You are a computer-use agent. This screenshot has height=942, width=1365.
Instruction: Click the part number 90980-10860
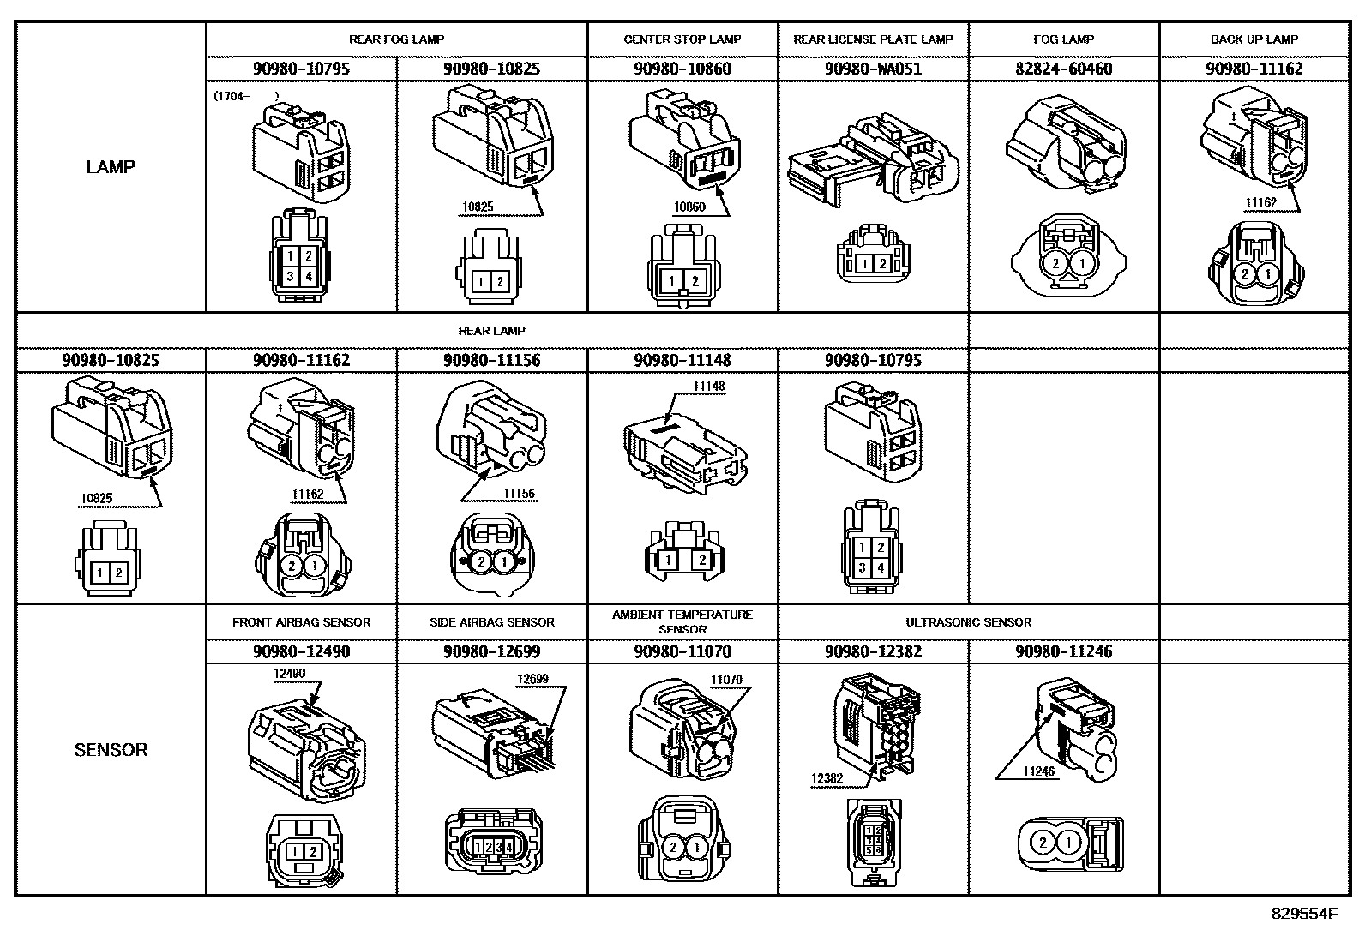pyautogui.click(x=682, y=69)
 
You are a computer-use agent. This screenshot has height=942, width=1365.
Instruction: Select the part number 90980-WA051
pyautogui.click(x=873, y=69)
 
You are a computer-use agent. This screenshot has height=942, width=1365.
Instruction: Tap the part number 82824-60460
pyautogui.click(x=1064, y=69)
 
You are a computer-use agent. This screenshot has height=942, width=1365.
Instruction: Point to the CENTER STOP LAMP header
pyautogui.click(x=682, y=39)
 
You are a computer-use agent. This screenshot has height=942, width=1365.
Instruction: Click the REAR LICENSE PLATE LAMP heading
pyautogui.click(x=873, y=39)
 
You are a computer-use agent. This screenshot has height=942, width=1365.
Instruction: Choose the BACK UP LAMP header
pyautogui.click(x=1254, y=39)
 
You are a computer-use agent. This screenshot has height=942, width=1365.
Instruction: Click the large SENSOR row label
pyautogui.click(x=111, y=750)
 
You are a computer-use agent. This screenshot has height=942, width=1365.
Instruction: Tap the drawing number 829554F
pyautogui.click(x=1304, y=914)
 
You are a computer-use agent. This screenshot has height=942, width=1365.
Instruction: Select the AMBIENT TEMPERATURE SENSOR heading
pyautogui.click(x=682, y=622)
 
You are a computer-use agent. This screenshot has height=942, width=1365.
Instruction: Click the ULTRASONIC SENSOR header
pyautogui.click(x=968, y=622)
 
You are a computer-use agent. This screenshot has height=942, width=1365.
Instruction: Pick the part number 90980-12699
pyautogui.click(x=492, y=652)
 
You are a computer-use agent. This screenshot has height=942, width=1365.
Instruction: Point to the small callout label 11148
pyautogui.click(x=709, y=387)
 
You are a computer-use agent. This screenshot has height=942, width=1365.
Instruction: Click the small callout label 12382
pyautogui.click(x=827, y=778)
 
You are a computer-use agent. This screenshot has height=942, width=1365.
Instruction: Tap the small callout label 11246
pyautogui.click(x=1038, y=771)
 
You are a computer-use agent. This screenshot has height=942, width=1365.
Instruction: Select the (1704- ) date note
pyautogui.click(x=246, y=96)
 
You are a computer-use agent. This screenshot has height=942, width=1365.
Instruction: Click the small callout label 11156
pyautogui.click(x=520, y=494)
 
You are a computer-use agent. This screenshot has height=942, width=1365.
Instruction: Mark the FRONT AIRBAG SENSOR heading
pyautogui.click(x=301, y=622)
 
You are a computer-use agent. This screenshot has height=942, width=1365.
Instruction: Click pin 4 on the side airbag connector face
pyautogui.click(x=508, y=847)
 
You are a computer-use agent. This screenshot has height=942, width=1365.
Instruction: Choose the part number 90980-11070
pyautogui.click(x=682, y=652)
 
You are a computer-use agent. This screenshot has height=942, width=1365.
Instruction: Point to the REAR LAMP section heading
pyautogui.click(x=492, y=331)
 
